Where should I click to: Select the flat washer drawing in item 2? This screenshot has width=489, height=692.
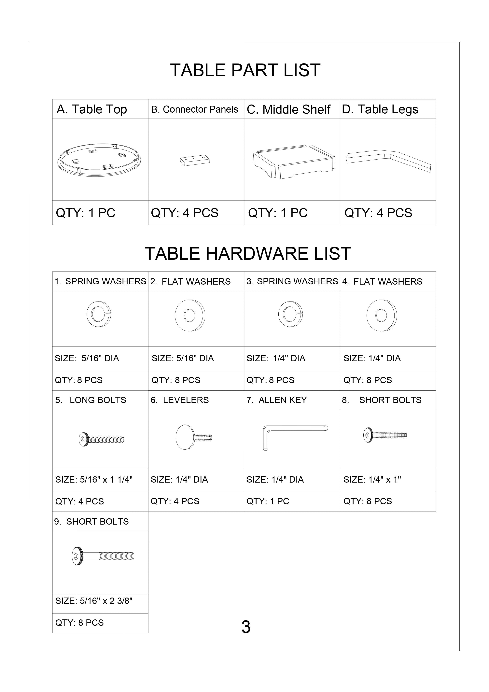pyautogui.click(x=190, y=316)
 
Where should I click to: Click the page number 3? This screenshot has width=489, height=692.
pyautogui.click(x=246, y=627)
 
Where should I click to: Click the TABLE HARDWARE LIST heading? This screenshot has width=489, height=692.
pyautogui.click(x=248, y=253)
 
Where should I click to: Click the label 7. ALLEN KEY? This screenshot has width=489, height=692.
pyautogui.click(x=277, y=400)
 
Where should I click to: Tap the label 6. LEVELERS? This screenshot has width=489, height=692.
pyautogui.click(x=180, y=400)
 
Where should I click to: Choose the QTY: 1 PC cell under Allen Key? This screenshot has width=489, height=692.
pyautogui.click(x=268, y=501)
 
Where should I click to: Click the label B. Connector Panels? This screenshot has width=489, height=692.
pyautogui.click(x=195, y=109)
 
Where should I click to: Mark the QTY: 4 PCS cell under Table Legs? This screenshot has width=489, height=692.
pyautogui.click(x=378, y=213)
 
